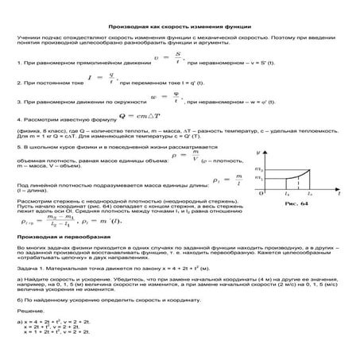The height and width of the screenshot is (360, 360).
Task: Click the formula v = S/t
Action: [168, 58]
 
